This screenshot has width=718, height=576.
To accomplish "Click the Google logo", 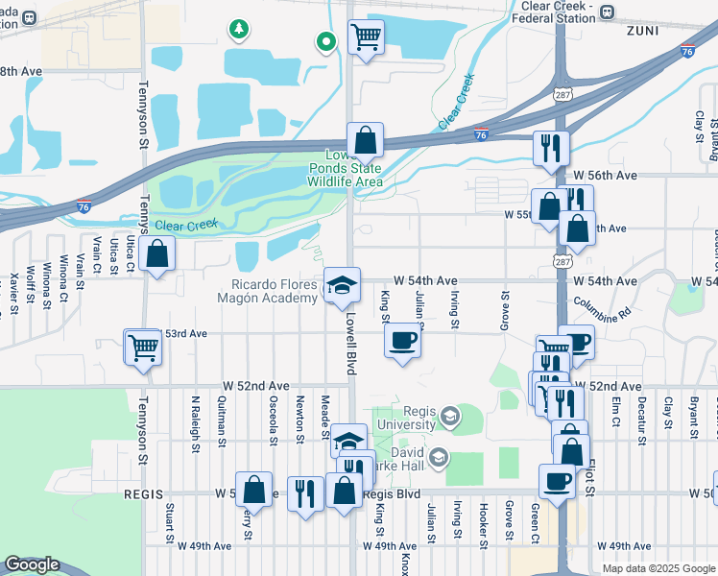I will click(32, 564).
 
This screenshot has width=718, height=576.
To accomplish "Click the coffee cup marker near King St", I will click(402, 340).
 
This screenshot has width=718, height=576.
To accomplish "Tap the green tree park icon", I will click(238, 31).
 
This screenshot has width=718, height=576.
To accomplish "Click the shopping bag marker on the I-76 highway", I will click(366, 140).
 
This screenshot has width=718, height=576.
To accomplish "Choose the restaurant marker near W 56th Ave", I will click(551, 148).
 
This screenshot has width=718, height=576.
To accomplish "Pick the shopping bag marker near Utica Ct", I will click(156, 255).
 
